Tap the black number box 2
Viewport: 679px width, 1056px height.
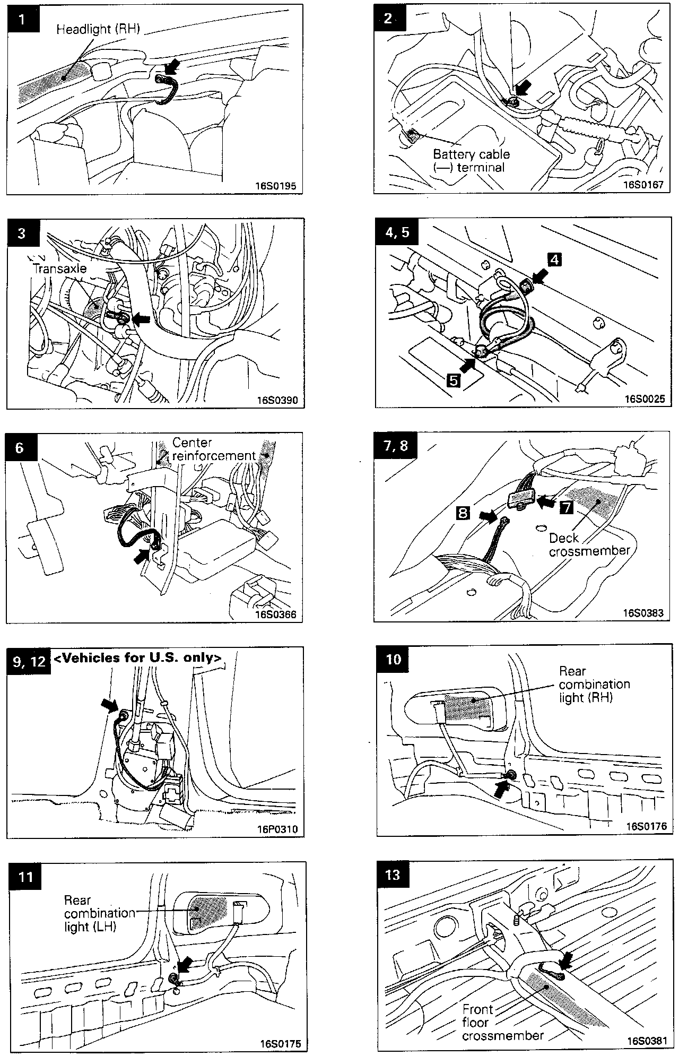click(389, 18)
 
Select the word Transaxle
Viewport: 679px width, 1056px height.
click(59, 268)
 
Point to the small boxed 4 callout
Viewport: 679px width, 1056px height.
click(554, 259)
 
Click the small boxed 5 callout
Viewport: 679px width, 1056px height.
click(454, 380)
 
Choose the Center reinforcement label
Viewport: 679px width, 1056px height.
click(214, 449)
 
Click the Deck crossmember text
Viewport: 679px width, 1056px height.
click(589, 545)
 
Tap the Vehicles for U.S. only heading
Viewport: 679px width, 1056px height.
click(137, 657)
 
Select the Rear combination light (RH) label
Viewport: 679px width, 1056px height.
click(594, 684)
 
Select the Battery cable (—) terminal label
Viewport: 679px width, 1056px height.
click(471, 161)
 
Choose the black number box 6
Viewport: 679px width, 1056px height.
click(20, 448)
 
